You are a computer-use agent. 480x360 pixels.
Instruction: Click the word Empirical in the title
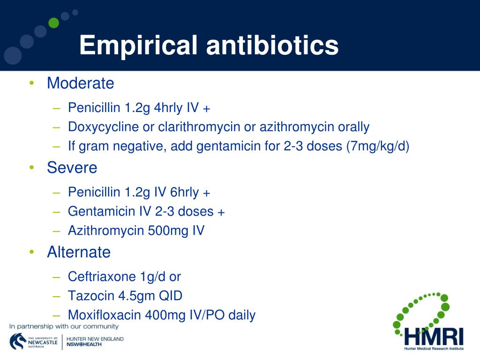[138, 46]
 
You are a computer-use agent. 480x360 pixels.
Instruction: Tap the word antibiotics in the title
[272, 45]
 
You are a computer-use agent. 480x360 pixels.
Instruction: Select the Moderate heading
[81, 83]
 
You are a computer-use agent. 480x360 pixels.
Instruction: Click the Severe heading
[72, 167]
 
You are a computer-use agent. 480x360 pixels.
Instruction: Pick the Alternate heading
[79, 252]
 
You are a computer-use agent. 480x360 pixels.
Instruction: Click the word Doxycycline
[104, 127]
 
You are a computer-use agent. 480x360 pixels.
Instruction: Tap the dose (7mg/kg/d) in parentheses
[378, 146]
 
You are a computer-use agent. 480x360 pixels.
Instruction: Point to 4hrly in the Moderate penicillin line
[168, 108]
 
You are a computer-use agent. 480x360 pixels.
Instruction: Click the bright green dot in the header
[53, 23]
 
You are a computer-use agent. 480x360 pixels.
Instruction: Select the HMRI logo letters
[434, 337]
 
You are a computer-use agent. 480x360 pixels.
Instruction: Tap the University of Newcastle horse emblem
[17, 341]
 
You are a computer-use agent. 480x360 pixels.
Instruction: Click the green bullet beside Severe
[31, 167]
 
